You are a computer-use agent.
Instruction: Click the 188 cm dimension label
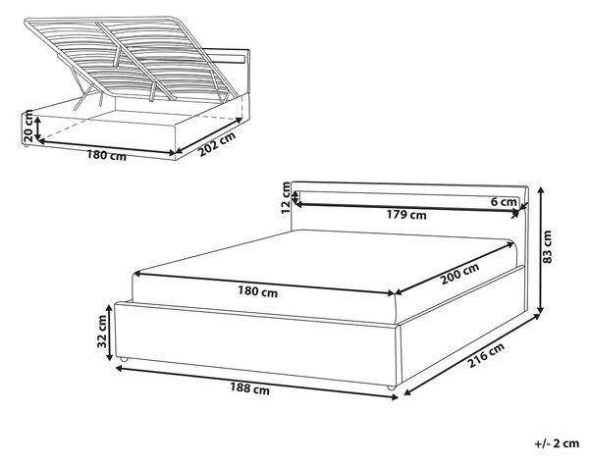tap(249, 388)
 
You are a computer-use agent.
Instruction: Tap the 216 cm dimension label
tap(486, 355)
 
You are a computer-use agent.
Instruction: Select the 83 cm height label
tap(548, 247)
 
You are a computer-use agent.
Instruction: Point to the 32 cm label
tap(102, 332)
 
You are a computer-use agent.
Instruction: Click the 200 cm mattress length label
tap(459, 274)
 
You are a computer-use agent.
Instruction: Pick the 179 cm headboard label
tap(406, 215)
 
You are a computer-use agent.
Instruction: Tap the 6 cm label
tap(504, 202)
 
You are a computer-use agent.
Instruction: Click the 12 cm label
tap(287, 198)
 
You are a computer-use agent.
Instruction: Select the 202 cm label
tap(217, 144)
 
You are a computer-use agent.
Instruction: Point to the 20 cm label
tap(27, 128)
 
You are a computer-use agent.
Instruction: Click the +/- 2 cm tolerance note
tap(557, 443)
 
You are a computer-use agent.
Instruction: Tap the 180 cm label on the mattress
tap(257, 291)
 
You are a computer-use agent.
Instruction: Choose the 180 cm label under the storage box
tap(107, 155)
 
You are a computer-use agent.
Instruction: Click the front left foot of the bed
tap(124, 359)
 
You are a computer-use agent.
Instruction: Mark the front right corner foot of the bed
tap(391, 387)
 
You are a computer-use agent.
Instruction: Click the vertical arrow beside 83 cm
tap(540, 250)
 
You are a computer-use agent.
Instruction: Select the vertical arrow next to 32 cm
tap(110, 333)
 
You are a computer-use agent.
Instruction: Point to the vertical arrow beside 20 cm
tap(37, 129)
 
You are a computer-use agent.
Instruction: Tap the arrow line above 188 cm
tap(256, 383)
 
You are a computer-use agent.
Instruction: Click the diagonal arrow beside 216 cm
tap(472, 355)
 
